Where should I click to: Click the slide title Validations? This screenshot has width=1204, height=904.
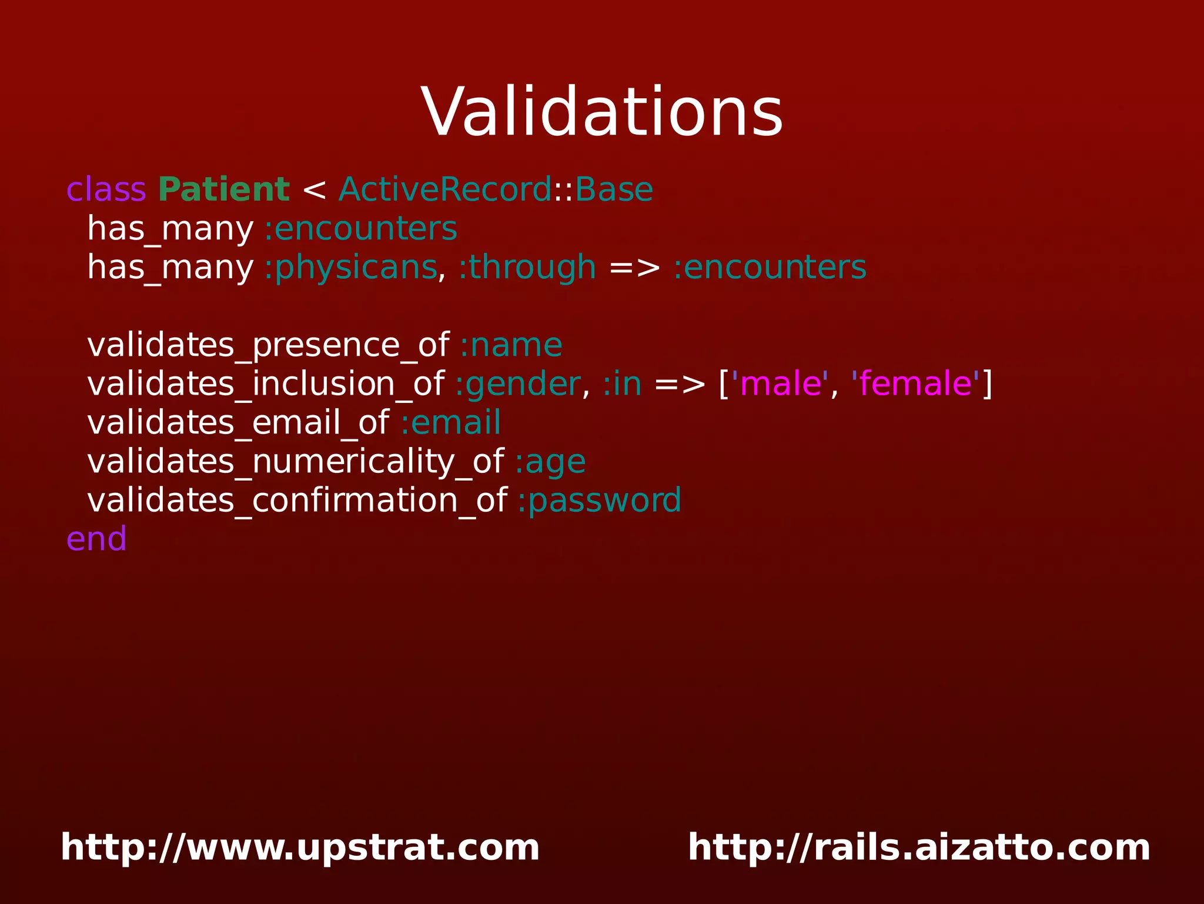pyautogui.click(x=602, y=112)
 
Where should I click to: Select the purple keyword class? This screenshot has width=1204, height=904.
pyautogui.click(x=106, y=190)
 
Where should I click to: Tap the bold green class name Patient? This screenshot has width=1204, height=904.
pyautogui.click(x=223, y=190)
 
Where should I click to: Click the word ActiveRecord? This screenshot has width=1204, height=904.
pyautogui.click(x=445, y=190)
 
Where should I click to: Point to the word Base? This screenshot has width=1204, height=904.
pyautogui.click(x=614, y=190)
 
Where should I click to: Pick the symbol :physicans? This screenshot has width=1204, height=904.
pyautogui.click(x=351, y=268)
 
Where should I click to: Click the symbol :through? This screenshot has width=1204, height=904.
pyautogui.click(x=527, y=268)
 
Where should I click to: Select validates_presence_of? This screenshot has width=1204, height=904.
pyautogui.click(x=268, y=345)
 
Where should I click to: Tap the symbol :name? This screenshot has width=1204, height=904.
pyautogui.click(x=511, y=345)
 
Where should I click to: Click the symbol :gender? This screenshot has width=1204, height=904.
pyautogui.click(x=518, y=384)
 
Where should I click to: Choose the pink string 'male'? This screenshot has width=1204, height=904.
pyautogui.click(x=780, y=384)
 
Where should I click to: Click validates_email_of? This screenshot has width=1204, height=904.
pyautogui.click(x=238, y=423)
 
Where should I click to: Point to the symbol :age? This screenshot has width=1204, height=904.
pyautogui.click(x=550, y=462)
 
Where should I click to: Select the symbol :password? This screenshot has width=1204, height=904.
pyautogui.click(x=600, y=501)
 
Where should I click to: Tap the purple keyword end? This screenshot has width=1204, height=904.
pyautogui.click(x=96, y=539)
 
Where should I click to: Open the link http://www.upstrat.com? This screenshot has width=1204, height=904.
pyautogui.click(x=300, y=848)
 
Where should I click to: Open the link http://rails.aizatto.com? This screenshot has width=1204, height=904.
pyautogui.click(x=919, y=848)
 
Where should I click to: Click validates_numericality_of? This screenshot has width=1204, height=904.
pyautogui.click(x=295, y=462)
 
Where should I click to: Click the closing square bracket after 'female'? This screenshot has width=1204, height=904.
pyautogui.click(x=988, y=384)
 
